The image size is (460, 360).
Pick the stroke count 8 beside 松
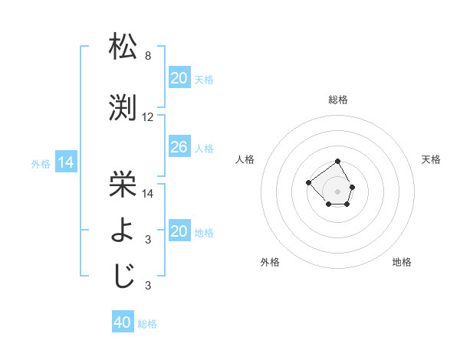click(x=148, y=56)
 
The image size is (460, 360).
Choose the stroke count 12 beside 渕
click(x=148, y=117)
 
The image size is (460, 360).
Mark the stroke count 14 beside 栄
click(x=148, y=194)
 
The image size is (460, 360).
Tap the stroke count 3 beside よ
click(x=148, y=240)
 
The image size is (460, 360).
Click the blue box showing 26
click(x=179, y=147)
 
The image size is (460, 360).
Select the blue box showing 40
click(x=123, y=322)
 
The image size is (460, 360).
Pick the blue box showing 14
click(x=65, y=162)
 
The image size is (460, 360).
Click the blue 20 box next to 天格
click(x=179, y=78)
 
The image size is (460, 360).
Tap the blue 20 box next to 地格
click(x=179, y=231)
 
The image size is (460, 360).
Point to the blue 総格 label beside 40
click(x=147, y=324)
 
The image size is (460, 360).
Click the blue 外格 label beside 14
click(x=41, y=163)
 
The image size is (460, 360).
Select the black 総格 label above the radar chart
click(x=337, y=100)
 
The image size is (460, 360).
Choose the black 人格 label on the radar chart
click(x=245, y=159)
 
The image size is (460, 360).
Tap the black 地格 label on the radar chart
click(x=402, y=262)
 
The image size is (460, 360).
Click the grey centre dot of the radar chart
click(x=337, y=191)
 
